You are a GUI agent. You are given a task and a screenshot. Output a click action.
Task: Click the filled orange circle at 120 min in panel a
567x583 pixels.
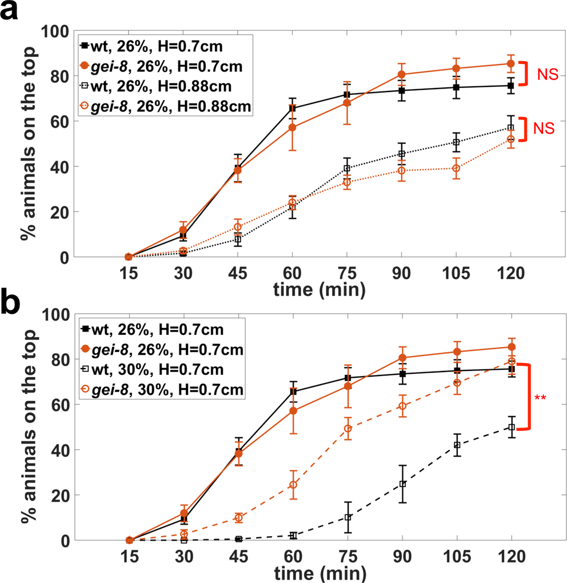click(511, 63)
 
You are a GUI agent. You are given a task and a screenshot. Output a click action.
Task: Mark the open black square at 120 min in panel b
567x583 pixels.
click(511, 427)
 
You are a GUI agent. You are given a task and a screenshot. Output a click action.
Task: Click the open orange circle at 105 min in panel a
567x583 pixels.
click(457, 169)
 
